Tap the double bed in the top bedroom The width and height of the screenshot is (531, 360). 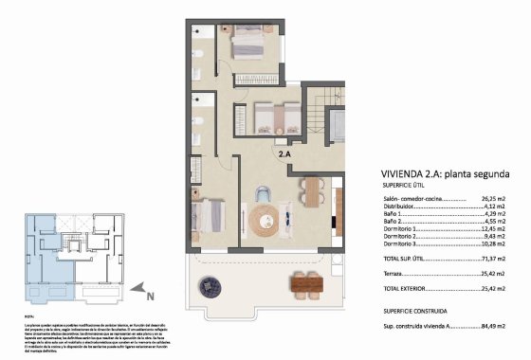(x=249, y=44)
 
